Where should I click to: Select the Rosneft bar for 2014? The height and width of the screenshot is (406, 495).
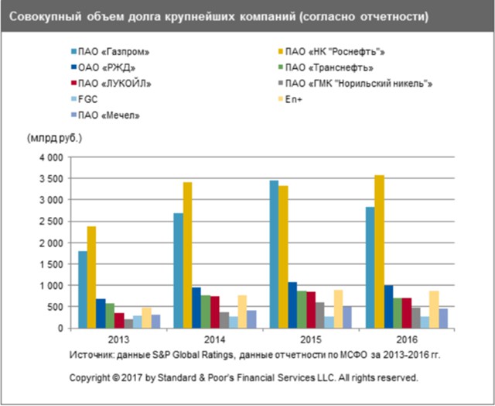[188, 255]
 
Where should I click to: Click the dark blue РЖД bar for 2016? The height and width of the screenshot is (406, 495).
[389, 307]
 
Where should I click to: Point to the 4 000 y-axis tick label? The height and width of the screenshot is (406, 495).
[49, 157]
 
